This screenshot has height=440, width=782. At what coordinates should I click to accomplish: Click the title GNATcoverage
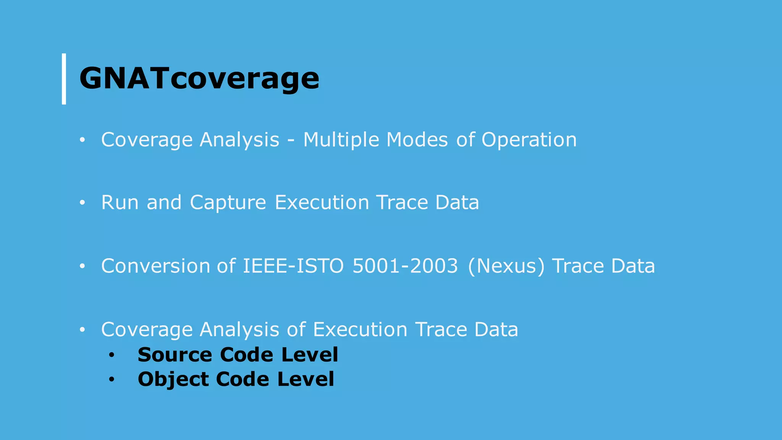[x=199, y=78]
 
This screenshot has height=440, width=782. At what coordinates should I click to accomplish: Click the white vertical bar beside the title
[x=64, y=79]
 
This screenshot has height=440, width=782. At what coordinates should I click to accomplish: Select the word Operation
[x=529, y=140]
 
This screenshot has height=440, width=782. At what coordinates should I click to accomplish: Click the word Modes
[x=417, y=139]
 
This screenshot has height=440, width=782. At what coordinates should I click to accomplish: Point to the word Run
[x=120, y=202]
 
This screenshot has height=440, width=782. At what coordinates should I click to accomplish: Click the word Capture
[x=228, y=203]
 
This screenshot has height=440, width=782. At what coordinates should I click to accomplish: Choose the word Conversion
[x=155, y=266]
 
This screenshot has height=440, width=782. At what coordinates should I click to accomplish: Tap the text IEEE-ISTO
[x=293, y=266]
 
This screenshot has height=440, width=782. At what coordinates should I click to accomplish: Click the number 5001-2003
[x=405, y=266]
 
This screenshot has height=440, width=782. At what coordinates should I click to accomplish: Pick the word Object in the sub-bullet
[x=173, y=380]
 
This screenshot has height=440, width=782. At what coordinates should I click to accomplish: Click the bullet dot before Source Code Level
[x=111, y=356]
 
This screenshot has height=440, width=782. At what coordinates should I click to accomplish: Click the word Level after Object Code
[x=305, y=379]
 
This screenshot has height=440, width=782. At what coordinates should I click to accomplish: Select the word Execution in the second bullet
[x=322, y=202]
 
